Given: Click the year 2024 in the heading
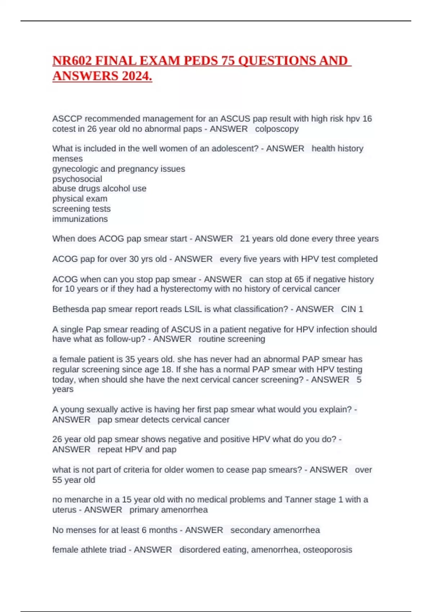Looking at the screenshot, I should tap(136, 76).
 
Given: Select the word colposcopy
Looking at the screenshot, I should tap(277, 129).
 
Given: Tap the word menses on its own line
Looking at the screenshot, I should tap(67, 159).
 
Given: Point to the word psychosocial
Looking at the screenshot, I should tap(77, 179).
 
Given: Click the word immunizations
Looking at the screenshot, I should tap(80, 219).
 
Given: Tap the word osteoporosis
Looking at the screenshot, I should tap(327, 550).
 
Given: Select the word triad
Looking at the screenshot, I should tap(116, 550).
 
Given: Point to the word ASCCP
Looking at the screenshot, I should tap(67, 119).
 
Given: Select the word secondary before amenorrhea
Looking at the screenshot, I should tap(248, 530).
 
